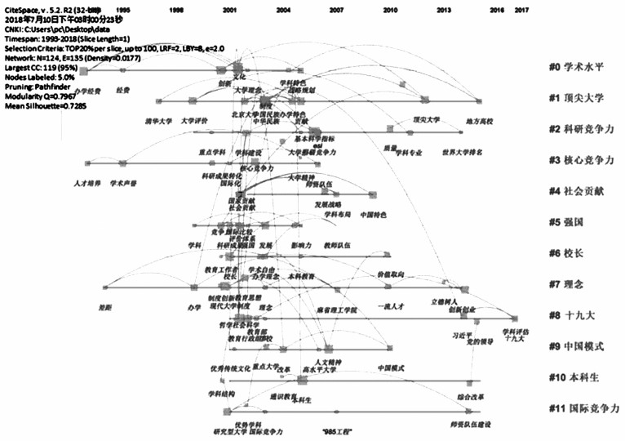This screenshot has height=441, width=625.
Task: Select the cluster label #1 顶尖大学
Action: click(576, 98)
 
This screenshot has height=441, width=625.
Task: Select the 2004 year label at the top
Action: click(282, 11)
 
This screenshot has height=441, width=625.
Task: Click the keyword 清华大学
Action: click(157, 122)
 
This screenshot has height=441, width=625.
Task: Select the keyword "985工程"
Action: click(336, 427)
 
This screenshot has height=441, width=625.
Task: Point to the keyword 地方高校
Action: click(479, 122)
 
